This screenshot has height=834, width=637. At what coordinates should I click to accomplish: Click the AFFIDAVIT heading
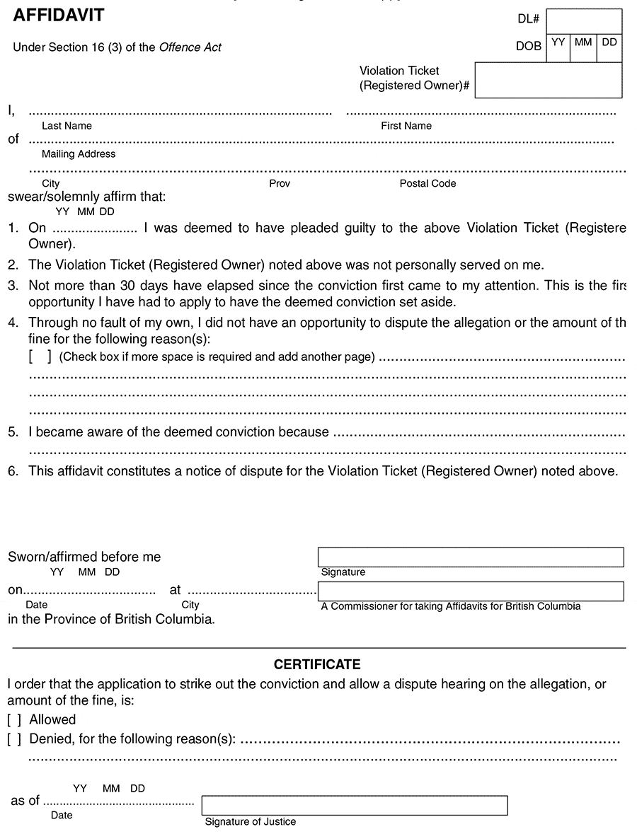click(59, 14)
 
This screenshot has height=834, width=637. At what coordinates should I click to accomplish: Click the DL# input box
click(584, 21)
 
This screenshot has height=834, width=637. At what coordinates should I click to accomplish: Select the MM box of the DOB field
click(583, 48)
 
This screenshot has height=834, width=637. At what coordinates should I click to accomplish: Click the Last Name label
click(67, 126)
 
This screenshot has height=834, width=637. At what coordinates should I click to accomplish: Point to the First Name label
click(406, 126)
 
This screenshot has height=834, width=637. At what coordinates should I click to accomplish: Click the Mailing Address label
click(79, 154)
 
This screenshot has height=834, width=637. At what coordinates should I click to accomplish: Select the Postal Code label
click(427, 184)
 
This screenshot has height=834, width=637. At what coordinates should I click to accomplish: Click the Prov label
click(280, 184)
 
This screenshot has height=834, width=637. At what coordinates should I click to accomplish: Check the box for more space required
click(40, 357)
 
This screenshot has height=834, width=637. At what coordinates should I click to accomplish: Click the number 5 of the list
click(12, 432)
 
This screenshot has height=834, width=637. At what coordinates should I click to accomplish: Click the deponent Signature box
click(471, 557)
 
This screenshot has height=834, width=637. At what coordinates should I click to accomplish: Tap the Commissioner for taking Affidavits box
click(471, 591)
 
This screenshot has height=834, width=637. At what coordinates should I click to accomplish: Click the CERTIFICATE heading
click(317, 665)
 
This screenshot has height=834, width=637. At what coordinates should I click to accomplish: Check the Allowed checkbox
click(14, 720)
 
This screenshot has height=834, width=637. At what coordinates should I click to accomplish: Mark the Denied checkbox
click(14, 739)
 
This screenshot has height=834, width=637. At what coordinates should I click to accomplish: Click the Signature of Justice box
click(355, 806)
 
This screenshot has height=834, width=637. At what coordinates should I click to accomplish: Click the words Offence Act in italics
click(190, 48)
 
